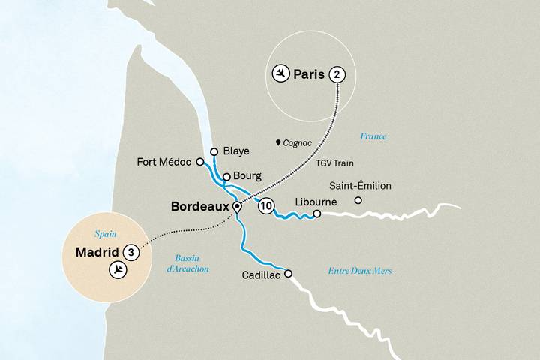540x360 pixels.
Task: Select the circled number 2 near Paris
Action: (x=338, y=74)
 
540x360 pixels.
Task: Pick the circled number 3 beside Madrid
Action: (x=131, y=252)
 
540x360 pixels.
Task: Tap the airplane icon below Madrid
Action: (x=117, y=270)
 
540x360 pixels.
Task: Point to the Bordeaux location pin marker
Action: (x=237, y=207)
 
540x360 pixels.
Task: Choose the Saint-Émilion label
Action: (x=361, y=186)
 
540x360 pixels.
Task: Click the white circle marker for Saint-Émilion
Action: (x=358, y=200)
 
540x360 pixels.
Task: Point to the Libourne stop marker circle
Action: (x=316, y=214)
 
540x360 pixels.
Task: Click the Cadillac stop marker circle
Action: (x=287, y=274)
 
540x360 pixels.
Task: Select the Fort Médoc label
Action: (x=164, y=161)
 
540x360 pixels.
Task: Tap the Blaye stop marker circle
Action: (x=214, y=151)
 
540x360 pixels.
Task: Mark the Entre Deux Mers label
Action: (x=360, y=271)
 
